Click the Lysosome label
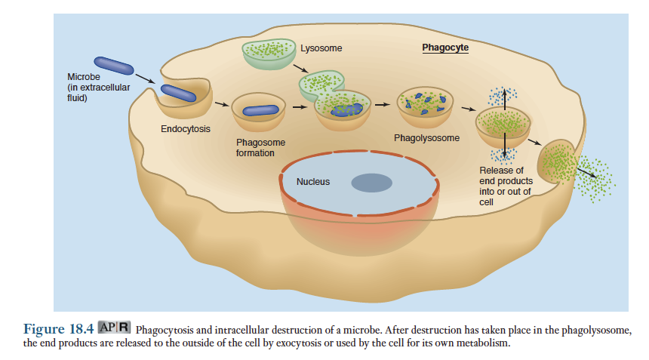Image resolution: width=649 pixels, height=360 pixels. click(x=321, y=48)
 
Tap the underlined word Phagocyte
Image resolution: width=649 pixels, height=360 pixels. click(x=444, y=48)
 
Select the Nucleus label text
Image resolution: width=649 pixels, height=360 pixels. click(x=312, y=182)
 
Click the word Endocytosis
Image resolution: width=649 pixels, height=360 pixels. click(x=186, y=129)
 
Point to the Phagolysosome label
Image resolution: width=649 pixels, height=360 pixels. click(x=426, y=138)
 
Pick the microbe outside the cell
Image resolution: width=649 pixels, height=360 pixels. click(x=114, y=65)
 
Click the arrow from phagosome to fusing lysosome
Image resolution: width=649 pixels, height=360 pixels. click(x=300, y=106)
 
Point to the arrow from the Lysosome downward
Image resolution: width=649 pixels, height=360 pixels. click(x=302, y=70)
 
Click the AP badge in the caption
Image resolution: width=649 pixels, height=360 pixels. click(x=107, y=328)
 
